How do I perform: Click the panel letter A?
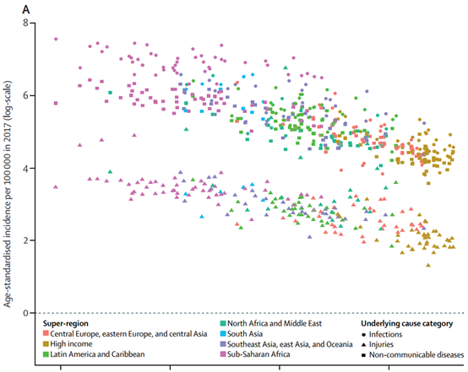pyautogui.click(x=26, y=10)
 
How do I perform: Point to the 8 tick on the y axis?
pyautogui.click(x=25, y=23)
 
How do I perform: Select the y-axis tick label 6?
pyautogui.click(x=25, y=95)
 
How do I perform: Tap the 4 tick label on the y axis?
pyautogui.click(x=25, y=168)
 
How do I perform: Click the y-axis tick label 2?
pyautogui.click(x=25, y=240)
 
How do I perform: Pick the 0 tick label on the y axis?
pyautogui.click(x=25, y=313)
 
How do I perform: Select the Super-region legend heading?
pyautogui.click(x=66, y=324)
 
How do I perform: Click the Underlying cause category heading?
pyautogui.click(x=407, y=323)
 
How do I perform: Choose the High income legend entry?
pyautogui.click(x=68, y=344)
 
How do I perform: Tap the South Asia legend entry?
pyautogui.click(x=242, y=334)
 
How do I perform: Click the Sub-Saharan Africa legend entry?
pyautogui.click(x=255, y=354)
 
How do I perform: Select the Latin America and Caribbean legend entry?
pyautogui.click(x=94, y=354)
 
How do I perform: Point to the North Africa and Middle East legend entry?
pyautogui.click(x=271, y=323)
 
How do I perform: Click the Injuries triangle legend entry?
pyautogui.click(x=378, y=344)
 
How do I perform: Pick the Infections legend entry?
pyautogui.click(x=382, y=334)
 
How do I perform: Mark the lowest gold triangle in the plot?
pyautogui.click(x=428, y=265)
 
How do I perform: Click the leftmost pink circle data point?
pyautogui.click(x=56, y=39)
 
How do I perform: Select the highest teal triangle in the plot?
pyautogui.click(x=286, y=67)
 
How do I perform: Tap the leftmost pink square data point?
pyautogui.click(x=56, y=103)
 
